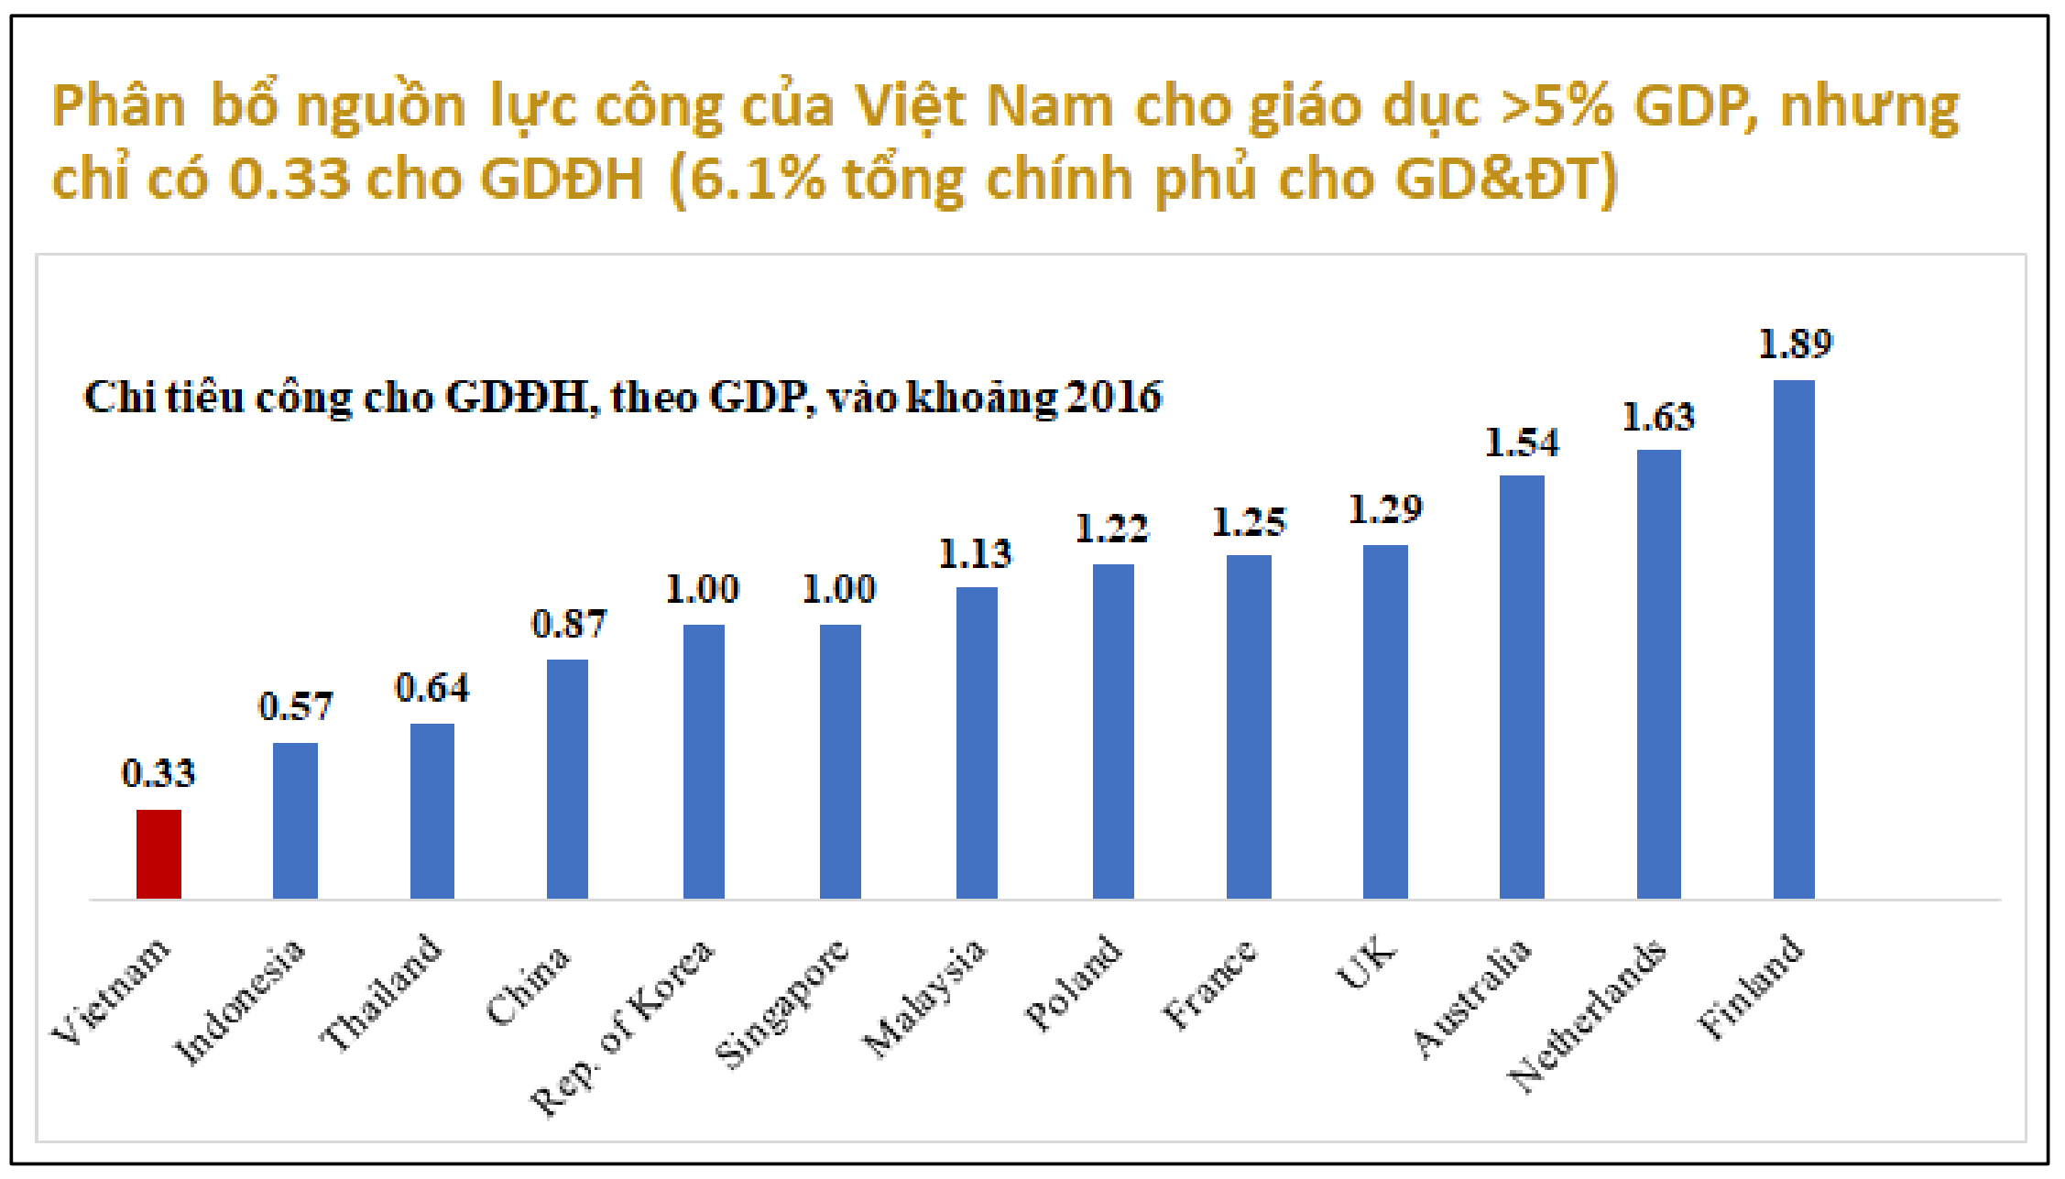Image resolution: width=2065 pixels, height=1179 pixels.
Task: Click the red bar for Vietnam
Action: tap(158, 854)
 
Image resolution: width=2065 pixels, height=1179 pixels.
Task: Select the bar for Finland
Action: tap(1794, 639)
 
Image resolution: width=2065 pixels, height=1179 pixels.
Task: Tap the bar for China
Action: tap(567, 779)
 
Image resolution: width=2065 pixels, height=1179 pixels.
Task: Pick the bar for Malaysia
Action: tap(977, 742)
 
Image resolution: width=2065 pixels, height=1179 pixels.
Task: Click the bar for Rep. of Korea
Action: tap(704, 761)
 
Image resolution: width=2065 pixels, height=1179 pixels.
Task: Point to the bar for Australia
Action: tap(1522, 687)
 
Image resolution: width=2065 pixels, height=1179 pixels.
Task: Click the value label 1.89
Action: tap(1795, 344)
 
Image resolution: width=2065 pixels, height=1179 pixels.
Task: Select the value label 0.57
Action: tap(295, 706)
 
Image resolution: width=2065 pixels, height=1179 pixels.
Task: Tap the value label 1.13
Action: tap(975, 554)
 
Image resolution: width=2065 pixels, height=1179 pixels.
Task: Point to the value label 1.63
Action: tap(1658, 418)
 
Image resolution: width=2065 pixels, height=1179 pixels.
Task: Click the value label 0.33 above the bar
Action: tap(158, 774)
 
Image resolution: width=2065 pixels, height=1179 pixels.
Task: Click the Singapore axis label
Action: tap(781, 1004)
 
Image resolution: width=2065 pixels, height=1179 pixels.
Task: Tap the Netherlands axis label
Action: tap(1588, 1015)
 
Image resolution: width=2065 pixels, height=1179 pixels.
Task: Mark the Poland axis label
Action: tap(1073, 982)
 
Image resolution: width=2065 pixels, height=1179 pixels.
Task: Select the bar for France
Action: tap(1249, 726)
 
